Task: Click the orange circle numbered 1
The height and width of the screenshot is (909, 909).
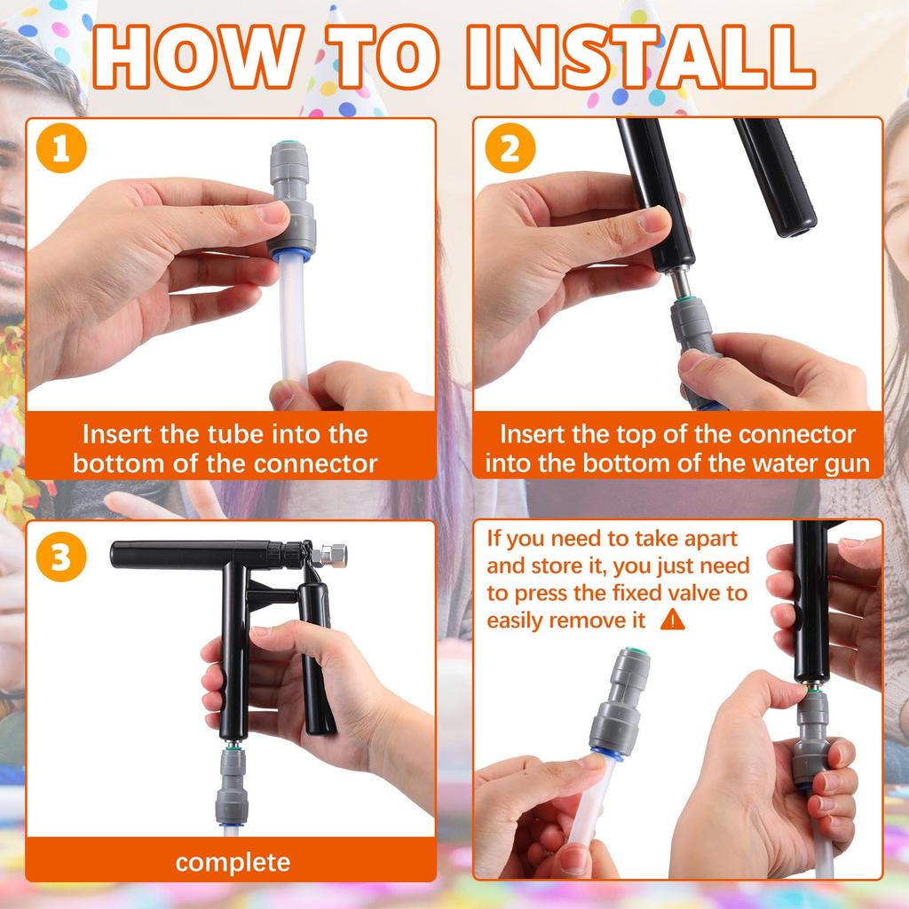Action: coord(61,148)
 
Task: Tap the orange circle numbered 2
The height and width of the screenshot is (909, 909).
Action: coord(510,148)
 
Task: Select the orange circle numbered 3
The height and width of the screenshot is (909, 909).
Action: coord(61,557)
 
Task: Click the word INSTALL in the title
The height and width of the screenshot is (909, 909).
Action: coord(641,57)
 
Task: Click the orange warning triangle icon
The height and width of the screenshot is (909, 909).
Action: coord(673,620)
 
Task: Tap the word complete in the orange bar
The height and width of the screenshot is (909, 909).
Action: coord(233,863)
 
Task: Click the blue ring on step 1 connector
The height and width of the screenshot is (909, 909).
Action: coord(291,256)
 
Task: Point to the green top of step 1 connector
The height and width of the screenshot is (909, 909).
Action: coord(285,143)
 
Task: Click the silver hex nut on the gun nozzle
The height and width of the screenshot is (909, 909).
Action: coord(334,556)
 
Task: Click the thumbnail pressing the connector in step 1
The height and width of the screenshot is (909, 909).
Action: coord(273,212)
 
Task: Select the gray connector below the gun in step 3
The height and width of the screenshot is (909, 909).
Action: coord(233,786)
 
